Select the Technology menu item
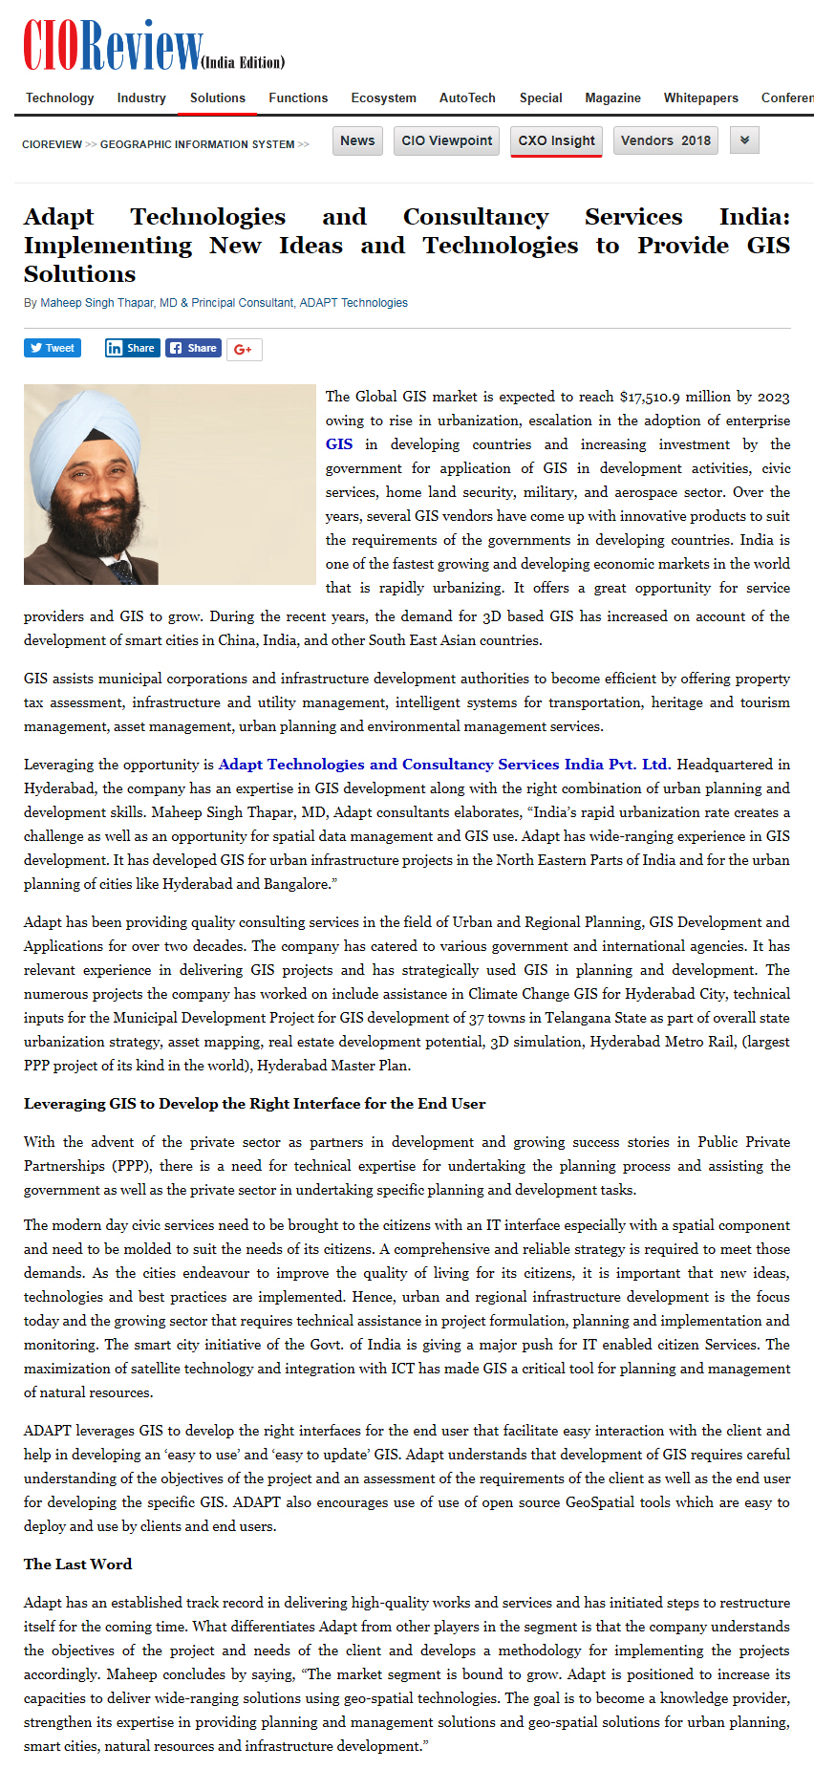click(x=59, y=97)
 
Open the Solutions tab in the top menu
click(x=217, y=97)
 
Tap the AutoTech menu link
click(x=467, y=97)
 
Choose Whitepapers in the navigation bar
click(x=700, y=97)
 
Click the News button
click(x=357, y=140)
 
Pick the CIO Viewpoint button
click(x=446, y=140)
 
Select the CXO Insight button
click(x=556, y=140)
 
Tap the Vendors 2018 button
click(x=665, y=140)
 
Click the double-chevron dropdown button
click(x=744, y=140)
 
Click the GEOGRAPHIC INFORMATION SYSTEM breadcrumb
click(x=197, y=144)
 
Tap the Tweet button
click(x=53, y=348)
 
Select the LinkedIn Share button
click(x=131, y=348)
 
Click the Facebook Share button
click(x=193, y=348)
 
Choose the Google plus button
click(x=244, y=349)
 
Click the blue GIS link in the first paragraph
click(x=339, y=444)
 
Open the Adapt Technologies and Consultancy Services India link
click(x=444, y=765)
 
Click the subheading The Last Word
click(x=78, y=1564)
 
